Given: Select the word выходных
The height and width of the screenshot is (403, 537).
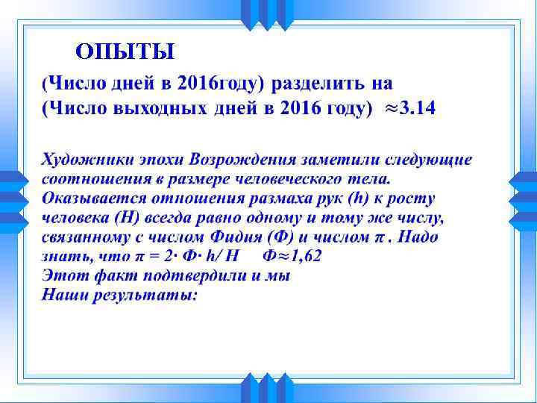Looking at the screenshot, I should click(x=160, y=109).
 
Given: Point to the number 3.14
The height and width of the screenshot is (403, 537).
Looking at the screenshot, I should click(x=417, y=109).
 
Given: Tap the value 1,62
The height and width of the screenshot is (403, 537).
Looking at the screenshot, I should click(x=306, y=257).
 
